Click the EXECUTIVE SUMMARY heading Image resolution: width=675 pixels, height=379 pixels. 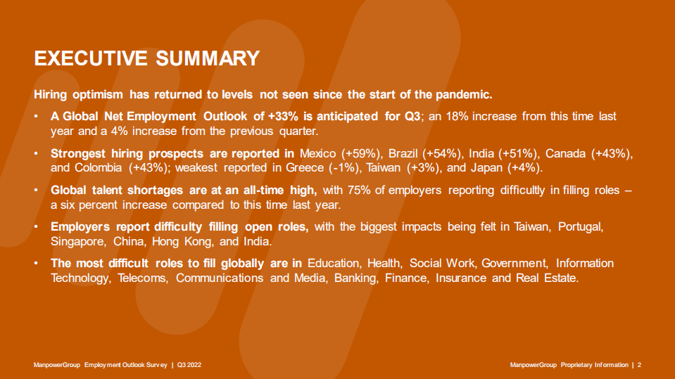tap(147, 58)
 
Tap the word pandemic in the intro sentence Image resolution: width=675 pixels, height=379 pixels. tap(467, 94)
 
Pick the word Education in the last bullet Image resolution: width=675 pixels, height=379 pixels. tap(335, 263)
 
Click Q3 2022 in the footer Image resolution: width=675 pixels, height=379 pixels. tap(193, 365)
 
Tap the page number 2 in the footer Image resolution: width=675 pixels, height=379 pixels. tap(639, 365)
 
